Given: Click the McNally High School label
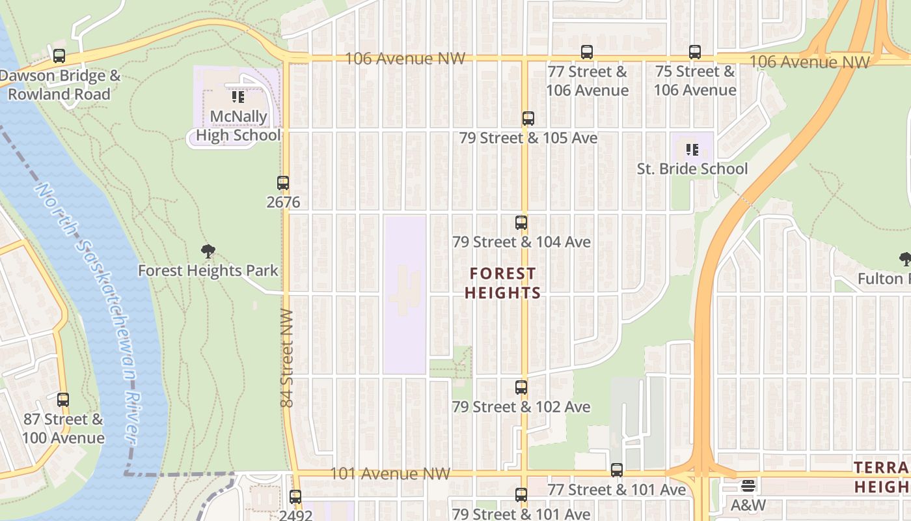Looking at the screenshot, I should click(238, 126).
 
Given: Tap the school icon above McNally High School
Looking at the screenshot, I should click(238, 98).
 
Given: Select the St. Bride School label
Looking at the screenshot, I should click(692, 169).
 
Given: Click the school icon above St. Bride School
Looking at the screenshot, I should click(692, 150).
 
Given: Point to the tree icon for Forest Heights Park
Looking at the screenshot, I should click(208, 251).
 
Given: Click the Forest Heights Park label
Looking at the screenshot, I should click(208, 270).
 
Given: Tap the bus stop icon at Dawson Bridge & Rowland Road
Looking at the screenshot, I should click(59, 56).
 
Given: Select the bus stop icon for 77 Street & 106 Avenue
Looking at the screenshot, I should click(587, 52).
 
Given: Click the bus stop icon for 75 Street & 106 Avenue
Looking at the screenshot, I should click(695, 52).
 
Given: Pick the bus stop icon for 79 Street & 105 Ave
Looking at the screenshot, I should click(528, 119).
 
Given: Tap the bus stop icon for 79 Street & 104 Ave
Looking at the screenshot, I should click(521, 223).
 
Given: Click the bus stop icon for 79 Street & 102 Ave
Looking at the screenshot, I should click(521, 387).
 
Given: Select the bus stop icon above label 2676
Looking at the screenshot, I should click(283, 183).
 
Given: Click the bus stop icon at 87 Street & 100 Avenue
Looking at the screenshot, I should click(63, 400).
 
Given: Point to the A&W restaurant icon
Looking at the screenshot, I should click(748, 486).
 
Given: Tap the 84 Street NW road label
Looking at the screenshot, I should click(288, 358).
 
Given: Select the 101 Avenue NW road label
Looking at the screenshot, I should click(390, 473).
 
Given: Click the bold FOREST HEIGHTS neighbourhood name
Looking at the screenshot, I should click(503, 283).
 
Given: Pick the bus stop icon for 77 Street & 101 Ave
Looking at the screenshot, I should click(617, 470).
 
